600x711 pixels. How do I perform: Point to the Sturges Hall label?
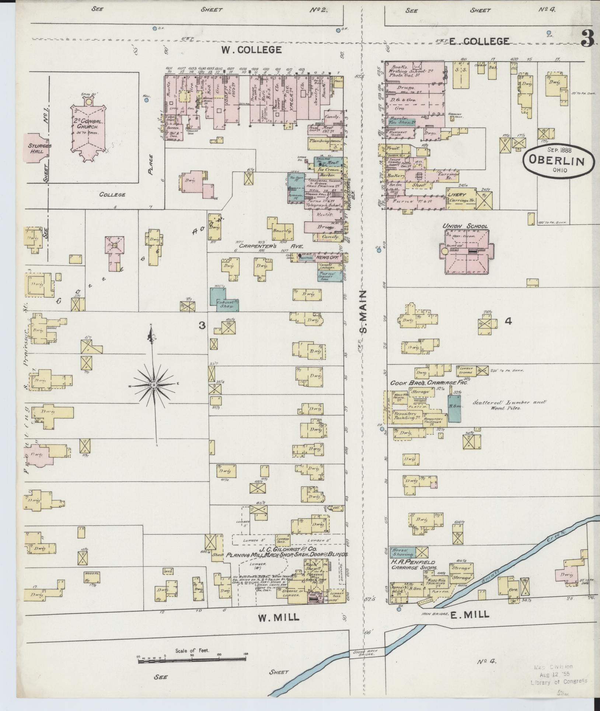point(39,148)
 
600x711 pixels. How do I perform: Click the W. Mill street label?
point(278,618)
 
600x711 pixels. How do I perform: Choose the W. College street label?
point(251,49)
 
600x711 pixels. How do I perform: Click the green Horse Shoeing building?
point(403,562)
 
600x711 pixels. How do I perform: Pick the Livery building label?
point(457,194)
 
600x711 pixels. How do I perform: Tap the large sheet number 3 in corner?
point(586,39)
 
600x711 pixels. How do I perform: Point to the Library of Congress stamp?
point(558,674)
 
